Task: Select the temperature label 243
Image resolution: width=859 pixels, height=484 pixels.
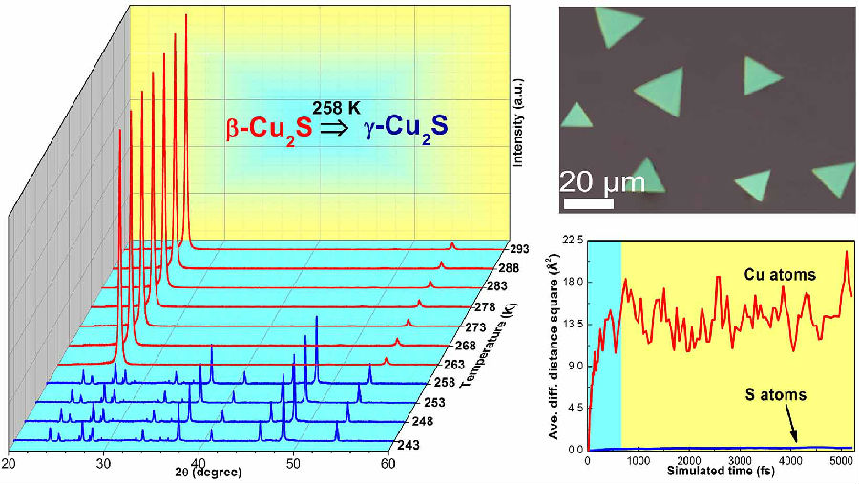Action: point(409,445)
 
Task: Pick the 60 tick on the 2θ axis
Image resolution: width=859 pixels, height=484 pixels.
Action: point(386,464)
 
